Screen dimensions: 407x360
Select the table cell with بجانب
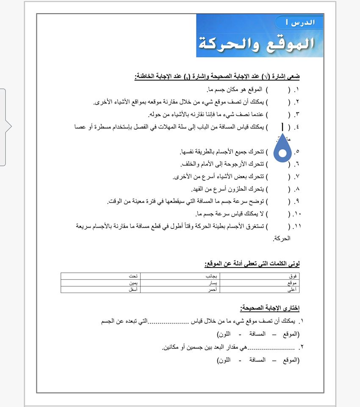pyautogui.click(x=180, y=276)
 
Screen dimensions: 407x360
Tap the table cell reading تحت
pyautogui.click(x=100, y=276)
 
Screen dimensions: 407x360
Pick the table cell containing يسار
pyautogui.click(x=180, y=283)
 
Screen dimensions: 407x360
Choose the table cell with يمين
pyautogui.click(x=100, y=283)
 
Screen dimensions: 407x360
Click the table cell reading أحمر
pyautogui.click(x=180, y=290)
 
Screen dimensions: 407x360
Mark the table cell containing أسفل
pyautogui.click(x=100, y=290)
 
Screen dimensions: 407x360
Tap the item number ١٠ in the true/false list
pyautogui.click(x=296, y=214)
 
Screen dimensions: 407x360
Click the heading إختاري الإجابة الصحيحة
pyautogui.click(x=270, y=307)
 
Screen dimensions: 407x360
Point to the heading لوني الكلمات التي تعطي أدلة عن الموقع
pyautogui.click(x=252, y=264)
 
